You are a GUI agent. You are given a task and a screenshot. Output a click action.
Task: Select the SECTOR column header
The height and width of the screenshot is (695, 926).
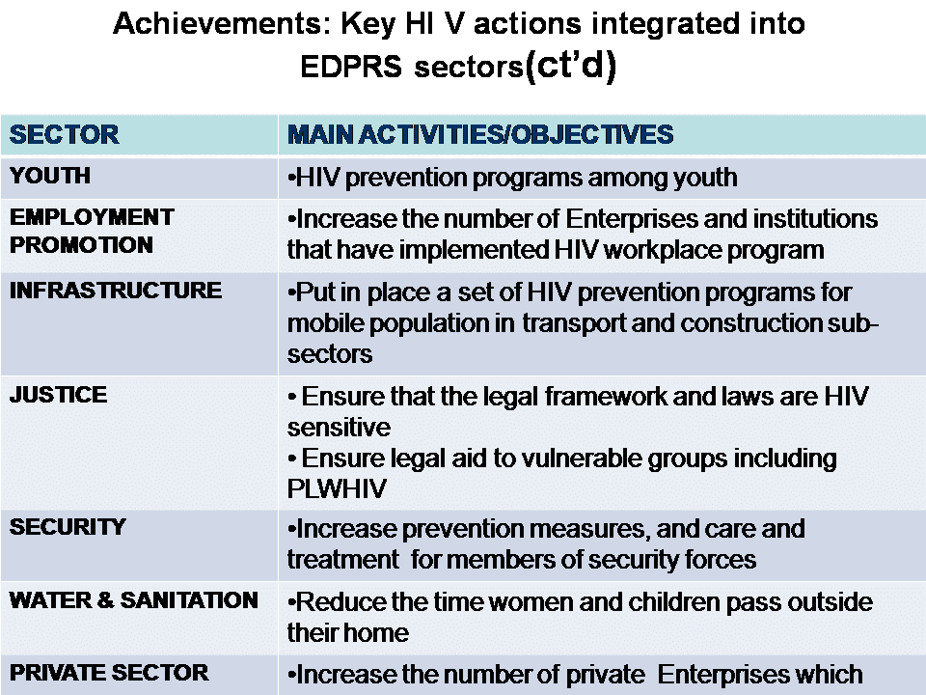[64, 135]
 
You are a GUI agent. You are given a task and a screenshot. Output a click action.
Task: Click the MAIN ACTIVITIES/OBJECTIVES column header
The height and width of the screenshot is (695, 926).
[480, 135]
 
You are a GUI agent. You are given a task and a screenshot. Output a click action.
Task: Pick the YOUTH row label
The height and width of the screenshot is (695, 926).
[50, 176]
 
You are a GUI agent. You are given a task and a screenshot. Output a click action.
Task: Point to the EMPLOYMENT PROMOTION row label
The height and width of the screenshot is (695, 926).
[92, 231]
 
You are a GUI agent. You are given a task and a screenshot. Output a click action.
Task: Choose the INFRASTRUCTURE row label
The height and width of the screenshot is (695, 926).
[116, 291]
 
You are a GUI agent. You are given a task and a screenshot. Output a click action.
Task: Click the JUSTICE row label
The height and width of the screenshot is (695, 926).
[58, 395]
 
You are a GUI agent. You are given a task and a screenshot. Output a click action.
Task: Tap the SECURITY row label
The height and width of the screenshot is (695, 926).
[68, 527]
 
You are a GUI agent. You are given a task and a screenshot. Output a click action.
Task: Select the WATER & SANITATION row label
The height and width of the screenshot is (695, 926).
[133, 600]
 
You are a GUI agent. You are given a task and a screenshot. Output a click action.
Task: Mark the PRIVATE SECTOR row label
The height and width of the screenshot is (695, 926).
[109, 673]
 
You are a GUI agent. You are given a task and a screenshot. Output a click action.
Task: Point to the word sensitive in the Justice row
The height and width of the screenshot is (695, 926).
[339, 427]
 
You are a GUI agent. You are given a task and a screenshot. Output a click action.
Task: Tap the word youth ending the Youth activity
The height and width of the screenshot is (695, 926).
[703, 178]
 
